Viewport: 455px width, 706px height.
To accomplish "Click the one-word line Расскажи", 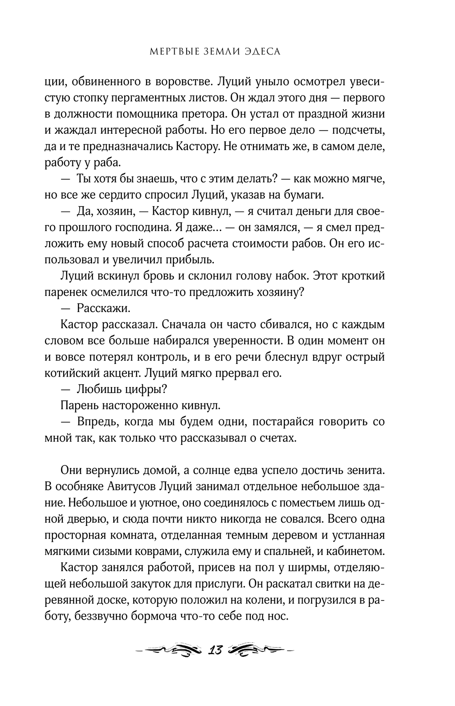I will click(103, 308).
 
